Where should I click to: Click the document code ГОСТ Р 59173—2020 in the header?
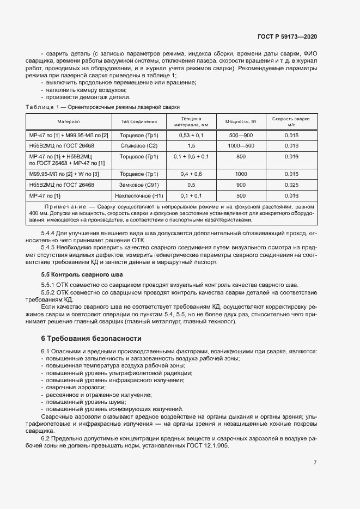286,36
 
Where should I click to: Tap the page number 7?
315,463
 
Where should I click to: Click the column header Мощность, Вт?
241,121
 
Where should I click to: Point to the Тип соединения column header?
139,121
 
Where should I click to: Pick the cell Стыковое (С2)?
139,146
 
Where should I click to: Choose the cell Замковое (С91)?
139,185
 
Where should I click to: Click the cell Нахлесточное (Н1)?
139,195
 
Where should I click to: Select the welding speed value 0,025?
291,185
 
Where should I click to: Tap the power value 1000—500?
241,146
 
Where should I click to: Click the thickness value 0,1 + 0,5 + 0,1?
191,157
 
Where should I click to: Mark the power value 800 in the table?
241,157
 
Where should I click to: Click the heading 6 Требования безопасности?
91,338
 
